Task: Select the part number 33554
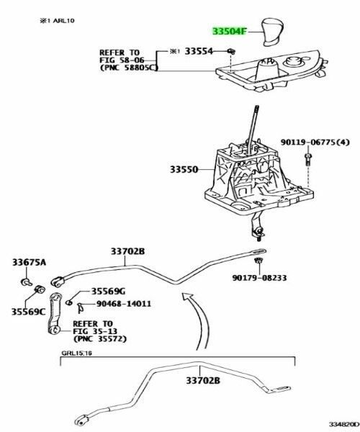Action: tap(199, 53)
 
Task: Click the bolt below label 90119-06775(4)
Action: tap(307, 161)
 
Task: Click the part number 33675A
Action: tap(28, 262)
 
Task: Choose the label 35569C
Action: tap(28, 312)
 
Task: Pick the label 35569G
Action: tap(108, 290)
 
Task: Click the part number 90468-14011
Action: tap(120, 304)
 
